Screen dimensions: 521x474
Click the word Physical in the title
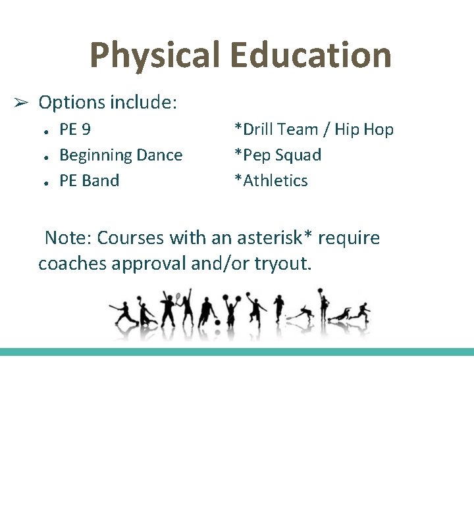[x=155, y=55]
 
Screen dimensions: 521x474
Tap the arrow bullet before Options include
[x=20, y=103]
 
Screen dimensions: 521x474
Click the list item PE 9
[x=75, y=130]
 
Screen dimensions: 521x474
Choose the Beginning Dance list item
[x=120, y=155]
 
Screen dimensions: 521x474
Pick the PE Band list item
[x=89, y=181]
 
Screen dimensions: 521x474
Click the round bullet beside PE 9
[x=41, y=131]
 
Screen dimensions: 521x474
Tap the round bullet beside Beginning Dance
[x=41, y=157]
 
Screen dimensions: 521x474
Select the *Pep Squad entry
[x=278, y=155]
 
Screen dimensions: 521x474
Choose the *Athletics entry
[x=271, y=181]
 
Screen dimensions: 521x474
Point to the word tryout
[x=282, y=264]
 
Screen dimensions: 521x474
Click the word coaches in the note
[x=72, y=264]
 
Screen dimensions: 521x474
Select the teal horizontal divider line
[x=237, y=352]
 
